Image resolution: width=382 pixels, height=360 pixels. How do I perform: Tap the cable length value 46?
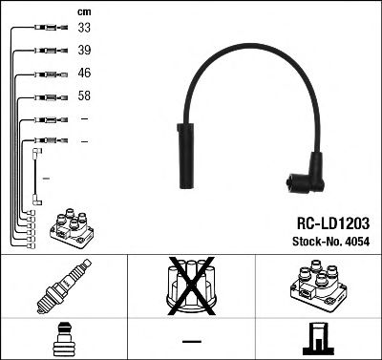tap(85, 74)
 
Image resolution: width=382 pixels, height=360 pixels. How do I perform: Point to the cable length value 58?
tap(85, 96)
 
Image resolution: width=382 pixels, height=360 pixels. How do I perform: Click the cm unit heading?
tap(84, 11)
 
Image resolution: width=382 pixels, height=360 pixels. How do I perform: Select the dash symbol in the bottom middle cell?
tap(191, 341)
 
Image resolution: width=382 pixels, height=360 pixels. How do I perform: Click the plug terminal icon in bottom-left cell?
tap(64, 340)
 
